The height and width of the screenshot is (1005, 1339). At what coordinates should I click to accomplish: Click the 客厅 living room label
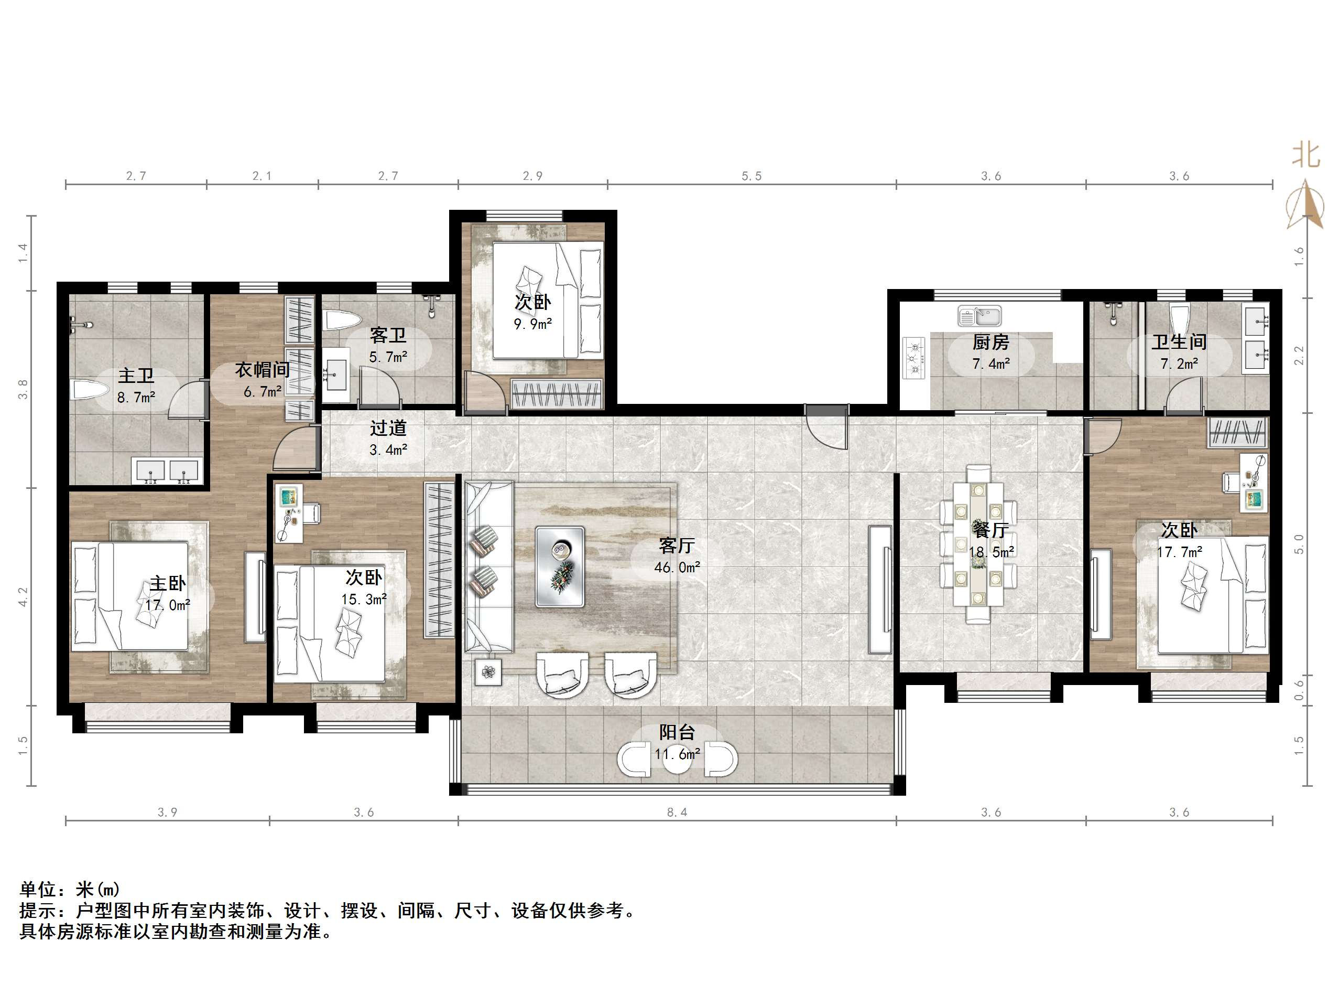(x=677, y=546)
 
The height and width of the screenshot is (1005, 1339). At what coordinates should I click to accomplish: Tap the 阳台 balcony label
(x=677, y=732)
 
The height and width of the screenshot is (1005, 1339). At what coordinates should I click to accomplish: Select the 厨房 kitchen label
(x=991, y=343)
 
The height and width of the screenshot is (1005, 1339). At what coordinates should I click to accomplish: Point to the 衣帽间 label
(x=262, y=369)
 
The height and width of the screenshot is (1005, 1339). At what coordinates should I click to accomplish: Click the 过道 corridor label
(x=388, y=429)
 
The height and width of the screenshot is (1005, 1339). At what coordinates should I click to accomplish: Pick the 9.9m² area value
(x=532, y=324)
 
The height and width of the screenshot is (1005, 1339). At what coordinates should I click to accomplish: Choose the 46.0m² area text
(x=677, y=568)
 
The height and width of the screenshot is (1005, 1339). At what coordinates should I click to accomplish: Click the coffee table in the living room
(x=560, y=566)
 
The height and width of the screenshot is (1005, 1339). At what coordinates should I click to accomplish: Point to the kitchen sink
(x=979, y=316)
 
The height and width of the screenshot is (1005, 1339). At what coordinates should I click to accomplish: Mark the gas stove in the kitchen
(x=914, y=357)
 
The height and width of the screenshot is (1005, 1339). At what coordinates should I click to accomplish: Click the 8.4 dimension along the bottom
(x=677, y=812)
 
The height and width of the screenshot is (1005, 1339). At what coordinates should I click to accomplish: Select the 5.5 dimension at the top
(x=751, y=176)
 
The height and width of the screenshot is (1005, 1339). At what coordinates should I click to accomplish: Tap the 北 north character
(x=1307, y=155)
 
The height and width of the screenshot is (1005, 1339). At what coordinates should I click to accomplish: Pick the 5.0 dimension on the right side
(x=1299, y=544)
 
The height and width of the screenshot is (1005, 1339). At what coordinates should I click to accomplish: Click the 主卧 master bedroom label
(x=168, y=583)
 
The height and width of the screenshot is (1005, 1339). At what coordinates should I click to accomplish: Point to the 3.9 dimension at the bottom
(x=167, y=812)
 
